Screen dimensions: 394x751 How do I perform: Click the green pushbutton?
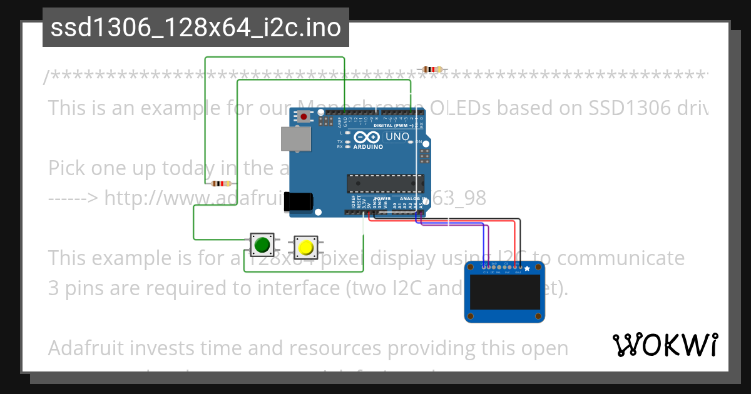262,245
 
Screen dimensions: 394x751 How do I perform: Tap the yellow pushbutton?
306,247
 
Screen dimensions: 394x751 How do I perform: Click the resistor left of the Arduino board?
221,183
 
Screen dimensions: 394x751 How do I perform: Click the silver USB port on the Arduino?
295,139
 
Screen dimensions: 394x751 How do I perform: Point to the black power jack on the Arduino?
299,201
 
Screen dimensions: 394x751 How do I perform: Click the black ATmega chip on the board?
386,183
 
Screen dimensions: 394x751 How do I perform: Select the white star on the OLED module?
527,269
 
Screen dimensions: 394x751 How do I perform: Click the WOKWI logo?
665,345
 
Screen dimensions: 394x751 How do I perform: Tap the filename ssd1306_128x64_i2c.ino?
196,28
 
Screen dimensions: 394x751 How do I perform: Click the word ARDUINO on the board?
368,147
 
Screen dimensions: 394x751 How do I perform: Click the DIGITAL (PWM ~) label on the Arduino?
392,125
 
